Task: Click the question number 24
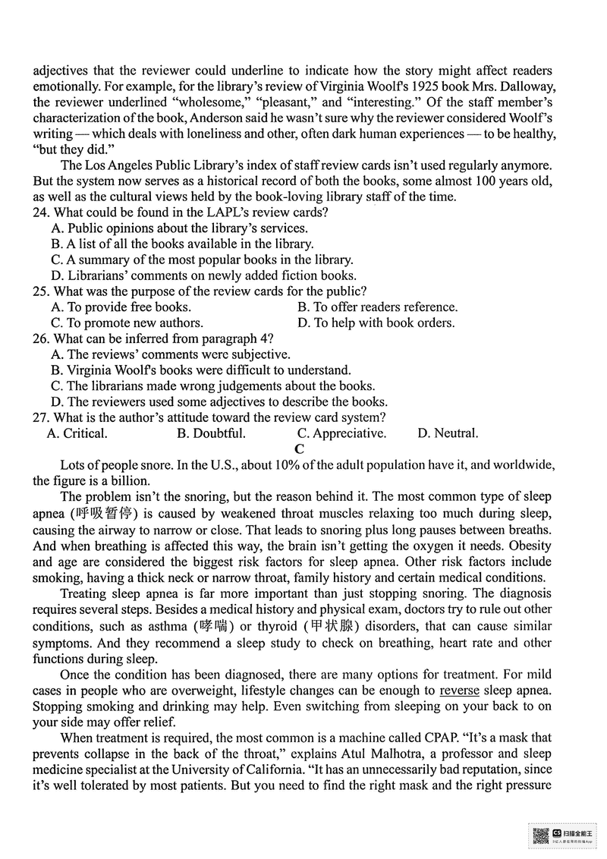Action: point(42,212)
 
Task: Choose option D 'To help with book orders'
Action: point(376,323)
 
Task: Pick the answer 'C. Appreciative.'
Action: point(341,434)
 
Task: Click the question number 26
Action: point(42,338)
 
